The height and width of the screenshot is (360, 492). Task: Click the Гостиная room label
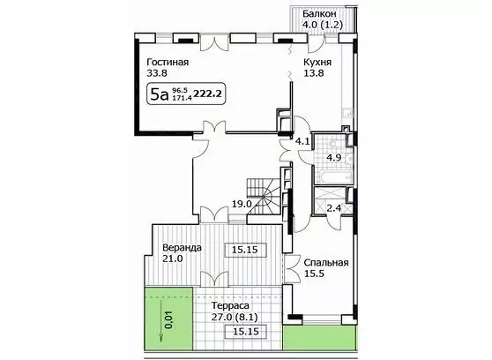click(168, 62)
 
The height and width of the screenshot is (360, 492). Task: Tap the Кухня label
click(317, 62)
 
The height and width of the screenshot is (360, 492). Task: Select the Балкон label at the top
click(320, 14)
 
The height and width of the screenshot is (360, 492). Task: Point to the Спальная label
click(326, 263)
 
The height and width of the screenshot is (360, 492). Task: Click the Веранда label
click(182, 248)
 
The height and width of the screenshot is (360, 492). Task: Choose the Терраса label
click(230, 305)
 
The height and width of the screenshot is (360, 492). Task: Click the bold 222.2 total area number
click(209, 94)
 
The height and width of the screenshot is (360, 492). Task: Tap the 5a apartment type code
click(160, 94)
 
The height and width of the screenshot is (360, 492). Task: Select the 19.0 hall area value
click(242, 204)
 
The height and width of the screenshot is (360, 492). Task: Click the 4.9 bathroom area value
click(333, 157)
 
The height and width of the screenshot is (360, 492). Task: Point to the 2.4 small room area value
click(334, 208)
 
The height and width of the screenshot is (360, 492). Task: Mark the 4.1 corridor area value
click(302, 142)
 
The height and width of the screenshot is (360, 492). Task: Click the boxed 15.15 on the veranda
click(246, 250)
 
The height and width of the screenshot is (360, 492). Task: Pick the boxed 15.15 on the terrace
click(246, 332)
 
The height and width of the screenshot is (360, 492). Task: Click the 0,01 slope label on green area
click(168, 320)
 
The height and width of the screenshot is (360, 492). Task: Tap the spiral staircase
click(265, 197)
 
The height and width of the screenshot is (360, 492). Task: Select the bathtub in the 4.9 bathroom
click(333, 176)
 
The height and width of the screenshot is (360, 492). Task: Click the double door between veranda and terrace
click(214, 279)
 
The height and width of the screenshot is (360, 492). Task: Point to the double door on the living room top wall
click(214, 43)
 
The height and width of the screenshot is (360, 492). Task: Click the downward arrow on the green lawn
click(161, 320)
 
